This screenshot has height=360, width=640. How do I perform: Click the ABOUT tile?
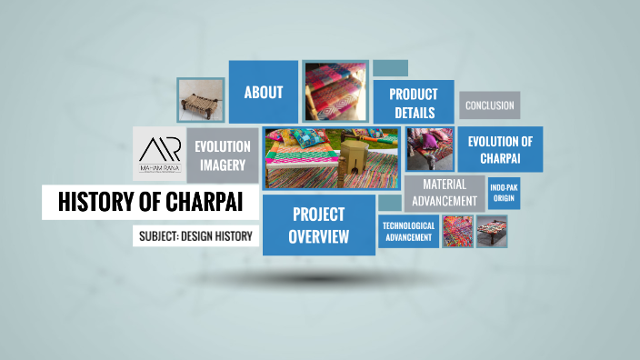click(263, 92)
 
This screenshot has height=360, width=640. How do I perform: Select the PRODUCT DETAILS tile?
click(413, 104)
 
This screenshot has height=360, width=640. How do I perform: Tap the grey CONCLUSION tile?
click(489, 105)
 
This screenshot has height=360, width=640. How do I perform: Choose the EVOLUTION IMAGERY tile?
click(222, 155)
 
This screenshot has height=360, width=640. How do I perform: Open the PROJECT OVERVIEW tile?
click(318, 225)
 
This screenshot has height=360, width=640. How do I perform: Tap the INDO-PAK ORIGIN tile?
click(504, 193)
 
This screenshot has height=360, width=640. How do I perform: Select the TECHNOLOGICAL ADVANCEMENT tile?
click(408, 232)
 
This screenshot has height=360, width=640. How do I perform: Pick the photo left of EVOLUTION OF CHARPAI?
click(429, 149)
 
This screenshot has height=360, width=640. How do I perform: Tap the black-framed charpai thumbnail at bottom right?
click(492, 231)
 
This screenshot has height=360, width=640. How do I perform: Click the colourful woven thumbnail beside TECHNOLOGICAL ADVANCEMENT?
click(456, 231)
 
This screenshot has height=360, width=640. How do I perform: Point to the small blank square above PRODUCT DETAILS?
click(390, 68)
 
